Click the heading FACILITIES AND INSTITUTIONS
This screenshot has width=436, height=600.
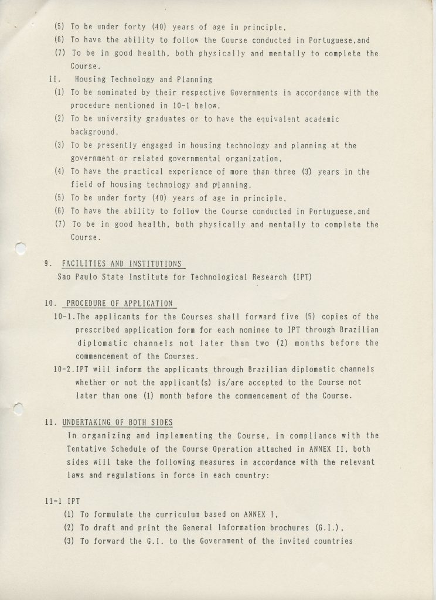point(121,264)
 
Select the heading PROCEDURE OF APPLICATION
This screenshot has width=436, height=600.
point(120,304)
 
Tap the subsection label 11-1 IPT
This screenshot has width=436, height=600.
point(57,502)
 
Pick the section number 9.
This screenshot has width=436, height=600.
point(47,264)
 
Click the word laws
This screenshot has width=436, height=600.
point(77,476)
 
